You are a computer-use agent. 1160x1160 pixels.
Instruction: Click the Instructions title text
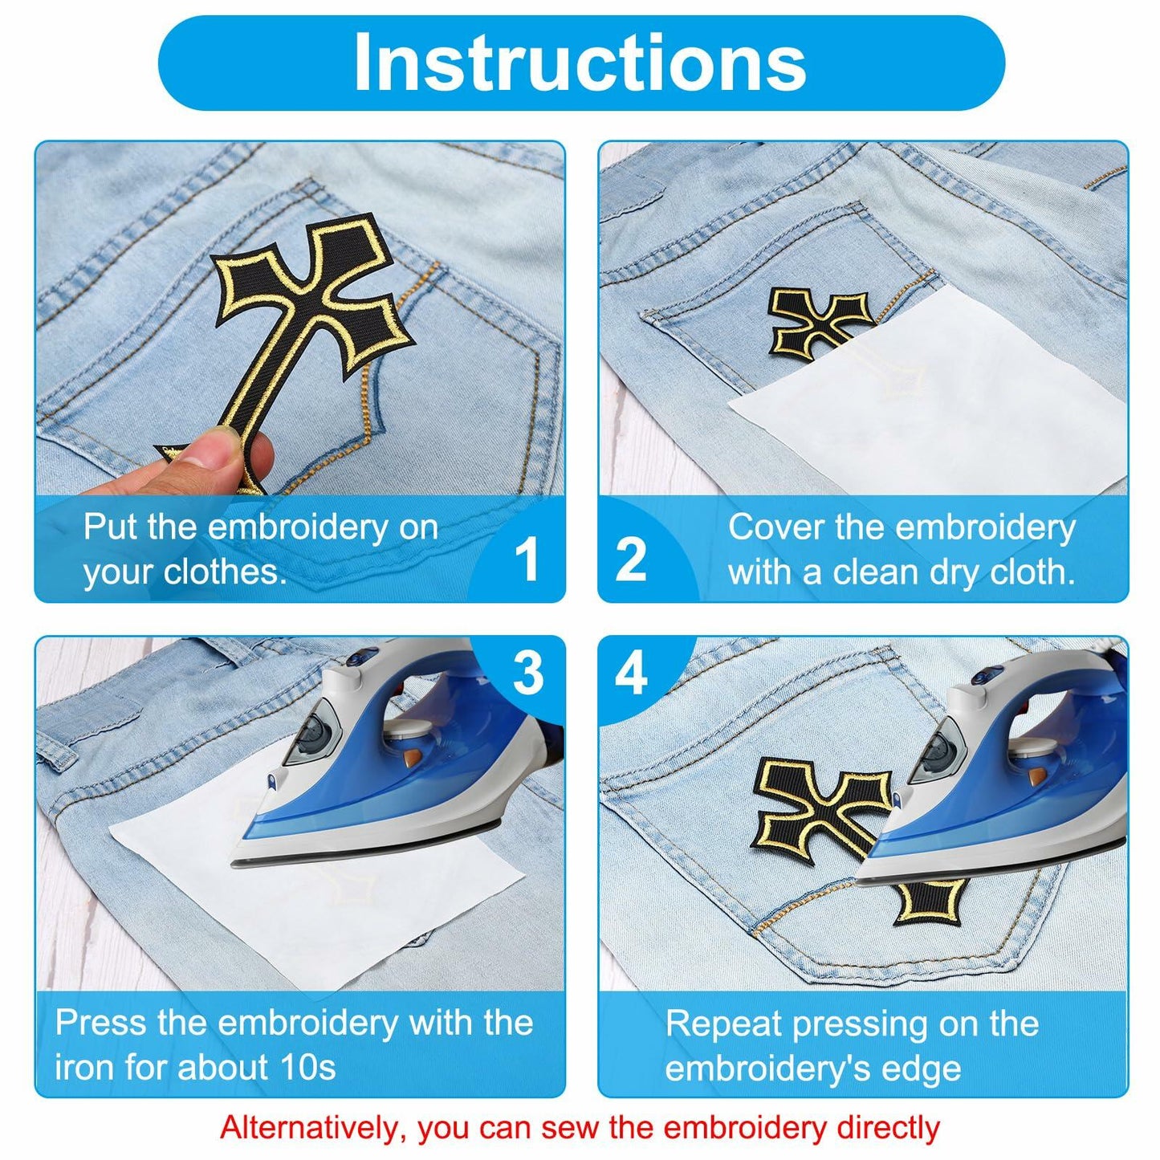click(580, 63)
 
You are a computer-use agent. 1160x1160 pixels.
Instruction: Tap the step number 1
click(527, 559)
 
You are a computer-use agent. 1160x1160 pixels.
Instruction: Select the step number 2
click(631, 559)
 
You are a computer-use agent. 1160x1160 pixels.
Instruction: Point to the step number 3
click(528, 673)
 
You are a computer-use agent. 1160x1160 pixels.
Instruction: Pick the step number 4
click(631, 673)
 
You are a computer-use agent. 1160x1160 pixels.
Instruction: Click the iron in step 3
click(401, 771)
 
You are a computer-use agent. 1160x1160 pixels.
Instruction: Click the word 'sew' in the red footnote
click(572, 1128)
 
